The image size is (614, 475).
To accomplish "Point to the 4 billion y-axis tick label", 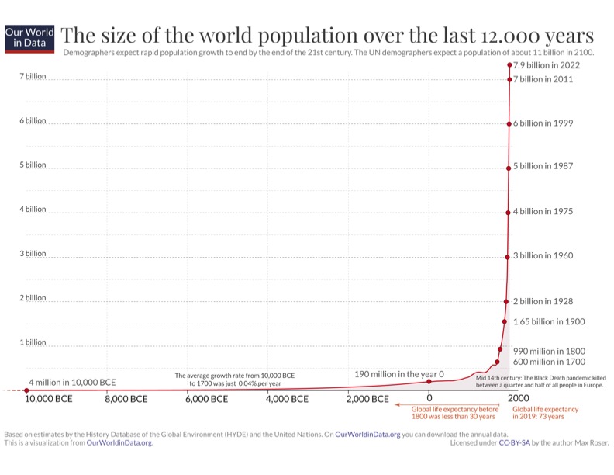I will tap(33, 210).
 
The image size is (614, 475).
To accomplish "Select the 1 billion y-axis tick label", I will tap(33, 342).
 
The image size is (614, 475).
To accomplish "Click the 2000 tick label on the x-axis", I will tap(519, 399).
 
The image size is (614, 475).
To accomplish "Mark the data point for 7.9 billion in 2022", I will tap(510, 65).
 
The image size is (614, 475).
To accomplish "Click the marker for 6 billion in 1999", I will tap(509, 124).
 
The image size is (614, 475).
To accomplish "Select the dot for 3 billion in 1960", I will tap(507, 257).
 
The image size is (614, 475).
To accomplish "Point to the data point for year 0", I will tap(429, 381).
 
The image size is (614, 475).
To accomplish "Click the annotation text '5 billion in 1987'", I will tap(543, 167).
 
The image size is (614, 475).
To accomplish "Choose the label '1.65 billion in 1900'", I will tap(549, 321).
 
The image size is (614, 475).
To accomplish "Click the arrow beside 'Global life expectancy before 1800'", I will tap(402, 404).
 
